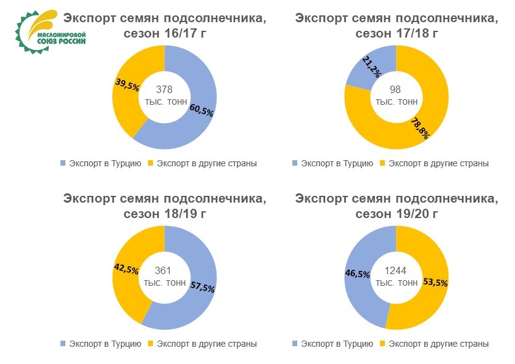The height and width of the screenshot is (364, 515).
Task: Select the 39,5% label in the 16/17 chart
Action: (127, 85)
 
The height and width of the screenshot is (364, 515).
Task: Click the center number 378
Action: (164, 89)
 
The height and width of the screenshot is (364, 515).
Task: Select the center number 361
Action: (163, 270)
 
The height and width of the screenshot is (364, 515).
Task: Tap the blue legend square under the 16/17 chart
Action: (62, 163)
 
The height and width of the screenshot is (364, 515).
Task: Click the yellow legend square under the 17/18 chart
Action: (382, 163)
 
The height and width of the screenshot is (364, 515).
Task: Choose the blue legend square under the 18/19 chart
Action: (62, 344)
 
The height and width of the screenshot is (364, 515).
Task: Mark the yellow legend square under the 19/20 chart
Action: (382, 344)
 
